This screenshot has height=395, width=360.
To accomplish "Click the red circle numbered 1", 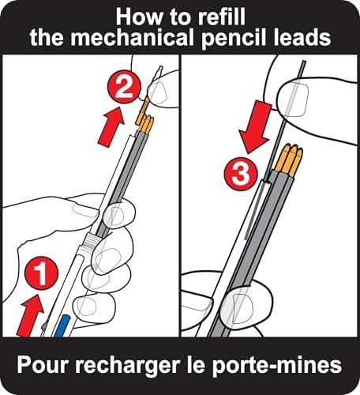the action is [41, 273].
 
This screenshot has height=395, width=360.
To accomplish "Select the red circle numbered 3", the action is [241, 174].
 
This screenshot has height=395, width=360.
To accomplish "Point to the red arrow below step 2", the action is [111, 126].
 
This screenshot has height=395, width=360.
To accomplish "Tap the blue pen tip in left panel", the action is [61, 325].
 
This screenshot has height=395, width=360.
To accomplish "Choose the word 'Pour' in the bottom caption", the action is [43, 365].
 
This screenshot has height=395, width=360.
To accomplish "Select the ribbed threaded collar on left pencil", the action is [90, 240].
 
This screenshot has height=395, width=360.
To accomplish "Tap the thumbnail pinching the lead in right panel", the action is [294, 100].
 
